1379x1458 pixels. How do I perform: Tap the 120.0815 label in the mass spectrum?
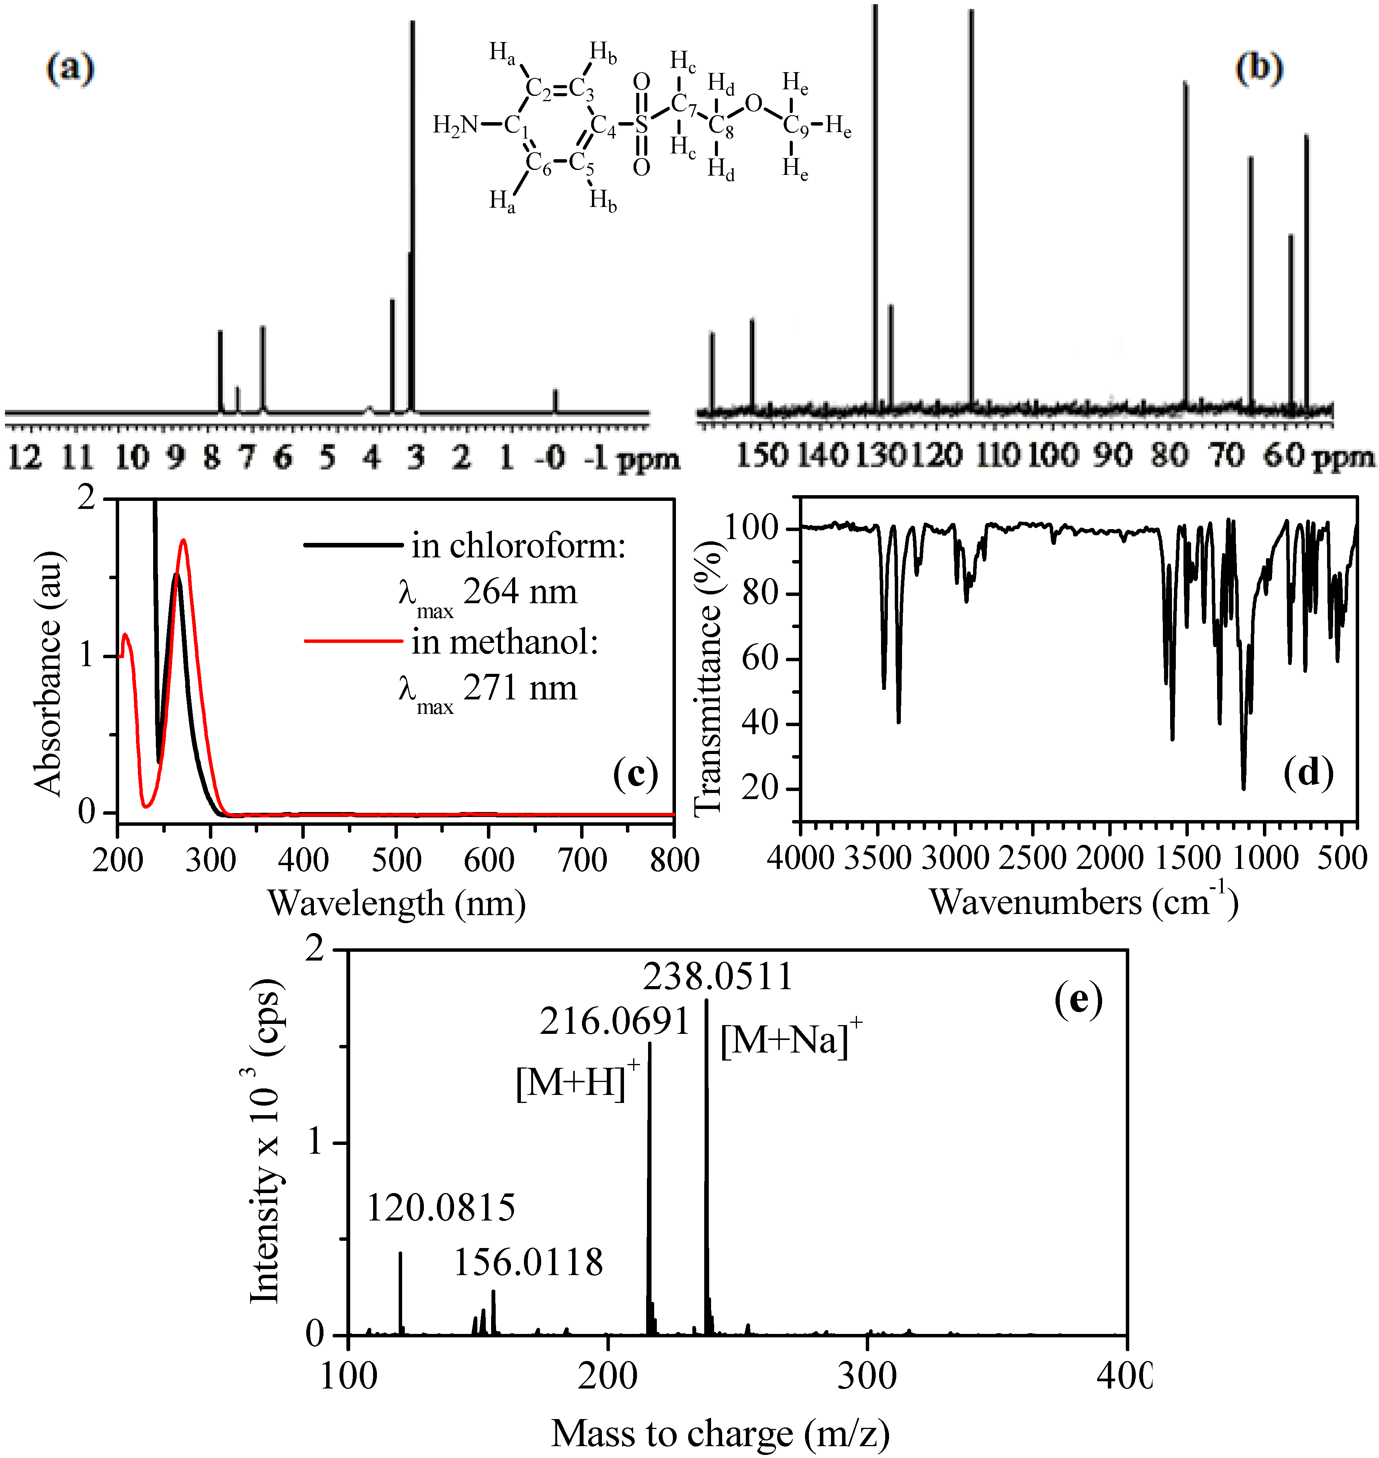point(441,1208)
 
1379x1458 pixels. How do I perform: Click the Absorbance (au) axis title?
point(48,672)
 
